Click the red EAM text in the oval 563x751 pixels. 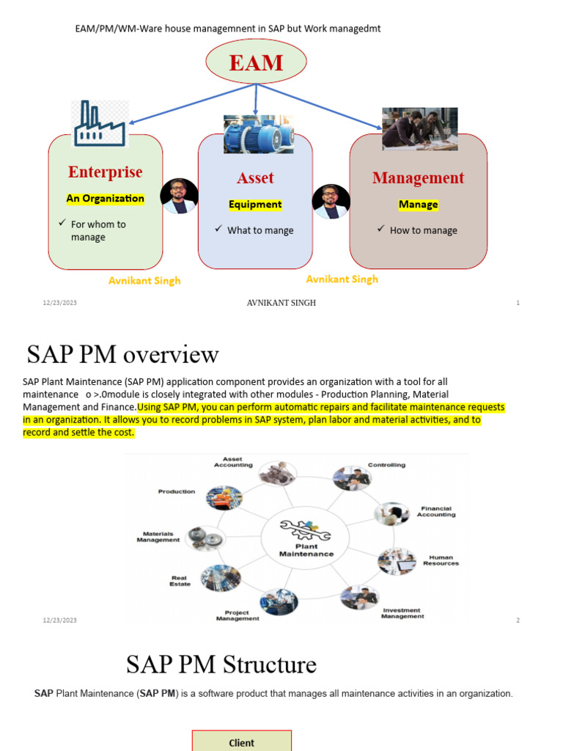coord(256,62)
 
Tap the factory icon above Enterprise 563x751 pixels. coord(100,124)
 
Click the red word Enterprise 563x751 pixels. coord(106,172)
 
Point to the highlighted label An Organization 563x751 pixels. coord(106,199)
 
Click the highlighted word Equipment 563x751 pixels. coord(255,205)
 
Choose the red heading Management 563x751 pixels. coord(418,178)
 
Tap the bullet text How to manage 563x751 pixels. coord(423,230)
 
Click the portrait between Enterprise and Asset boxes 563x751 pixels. coord(179,196)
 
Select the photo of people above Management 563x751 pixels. coord(419,129)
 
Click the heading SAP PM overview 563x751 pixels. coord(122,355)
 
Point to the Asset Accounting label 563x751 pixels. coord(233,462)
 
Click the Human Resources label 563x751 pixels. coord(441,560)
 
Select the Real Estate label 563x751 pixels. coord(180,581)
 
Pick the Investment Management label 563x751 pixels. coord(402,613)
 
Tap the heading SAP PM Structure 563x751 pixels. coord(221,665)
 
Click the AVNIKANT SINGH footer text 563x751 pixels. coord(281,303)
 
